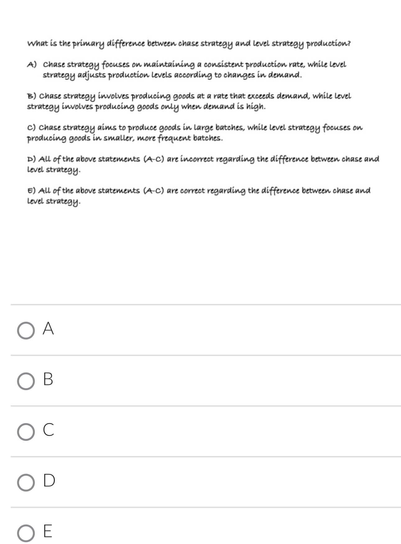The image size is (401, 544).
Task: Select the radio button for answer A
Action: point(26,330)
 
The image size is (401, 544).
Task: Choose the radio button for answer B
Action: point(26,381)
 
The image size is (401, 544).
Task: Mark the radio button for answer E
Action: point(26,533)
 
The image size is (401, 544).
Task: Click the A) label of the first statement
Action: point(32,65)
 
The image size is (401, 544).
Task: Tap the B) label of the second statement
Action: point(31,96)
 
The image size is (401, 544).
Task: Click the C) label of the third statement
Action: point(31,128)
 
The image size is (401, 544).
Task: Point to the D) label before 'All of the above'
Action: point(31,159)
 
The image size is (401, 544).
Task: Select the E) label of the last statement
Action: point(31,191)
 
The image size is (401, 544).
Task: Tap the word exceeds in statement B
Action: point(260,96)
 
